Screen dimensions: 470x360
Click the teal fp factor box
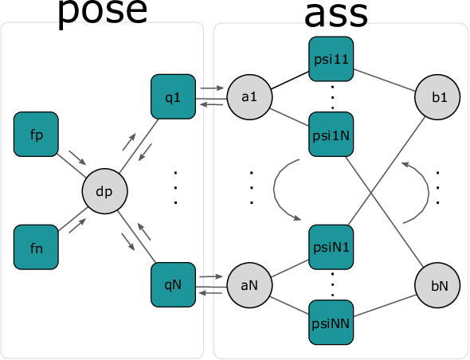pyautogui.click(x=36, y=135)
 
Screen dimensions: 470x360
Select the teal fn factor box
pyautogui.click(x=36, y=247)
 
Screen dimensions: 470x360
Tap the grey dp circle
pyautogui.click(x=104, y=191)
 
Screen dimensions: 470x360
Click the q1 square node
pyautogui.click(x=173, y=96)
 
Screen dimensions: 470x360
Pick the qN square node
pyautogui.click(x=173, y=285)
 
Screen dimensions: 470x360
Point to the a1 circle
pyautogui.click(x=249, y=97)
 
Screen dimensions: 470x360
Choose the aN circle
pyautogui.click(x=249, y=285)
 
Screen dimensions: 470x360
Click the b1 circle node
pyautogui.click(x=437, y=97)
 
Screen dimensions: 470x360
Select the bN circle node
pyautogui.click(x=437, y=285)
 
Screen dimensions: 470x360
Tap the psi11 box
pyautogui.click(x=331, y=59)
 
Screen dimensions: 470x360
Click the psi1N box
pyautogui.click(x=331, y=135)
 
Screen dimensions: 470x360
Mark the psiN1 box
pyautogui.click(x=331, y=247)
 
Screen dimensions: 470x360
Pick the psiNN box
pyautogui.click(x=331, y=323)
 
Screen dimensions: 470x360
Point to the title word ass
pyautogui.click(x=336, y=14)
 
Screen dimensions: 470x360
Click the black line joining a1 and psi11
pyautogui.click(x=290, y=80)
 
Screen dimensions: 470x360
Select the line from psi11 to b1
pyautogui.click(x=385, y=80)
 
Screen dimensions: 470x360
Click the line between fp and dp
pyautogui.click(x=71, y=166)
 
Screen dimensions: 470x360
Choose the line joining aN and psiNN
pyautogui.click(x=289, y=306)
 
